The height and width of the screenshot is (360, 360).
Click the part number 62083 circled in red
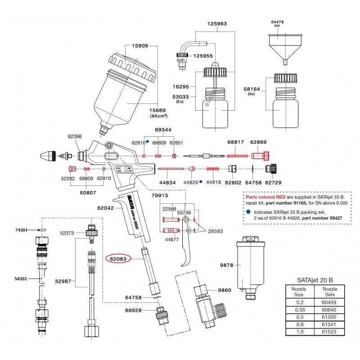tap(118, 259)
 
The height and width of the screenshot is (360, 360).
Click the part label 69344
tap(163, 130)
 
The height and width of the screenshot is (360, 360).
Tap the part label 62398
tap(75, 135)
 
